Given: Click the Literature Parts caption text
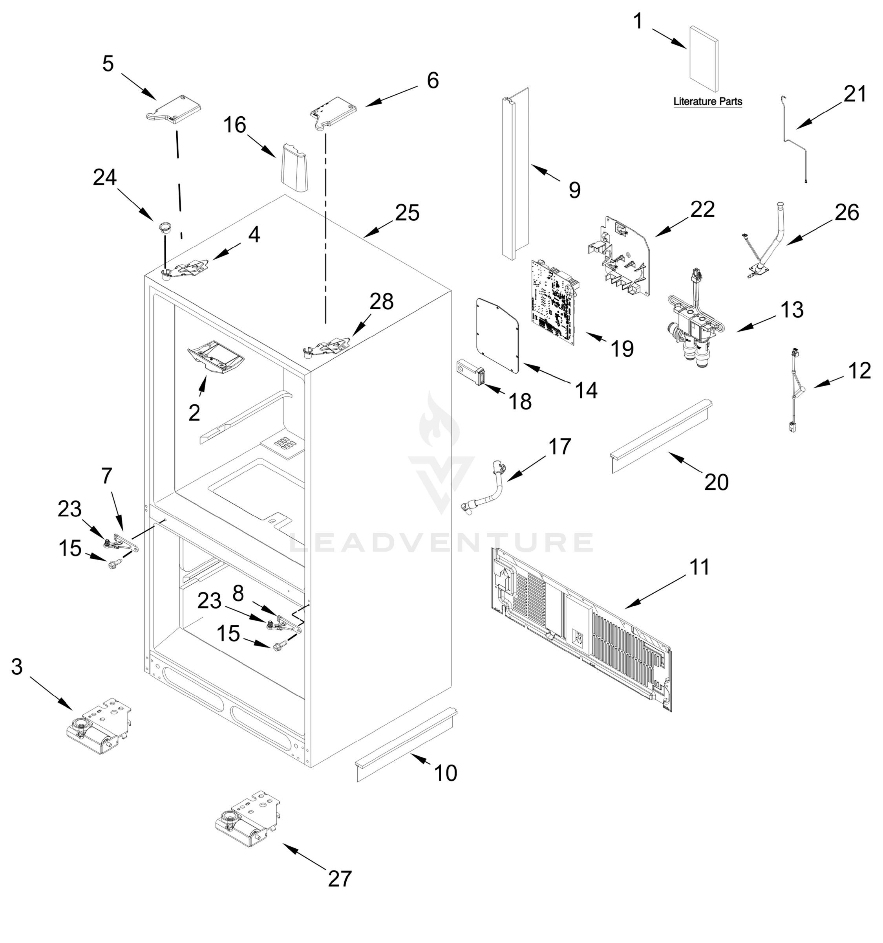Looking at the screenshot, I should coord(707,101).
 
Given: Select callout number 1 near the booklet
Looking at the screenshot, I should coord(638,21).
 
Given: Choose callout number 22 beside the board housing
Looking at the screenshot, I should coord(702,209).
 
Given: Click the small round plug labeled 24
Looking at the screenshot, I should coord(164,227).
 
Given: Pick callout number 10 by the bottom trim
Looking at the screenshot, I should coord(445,773).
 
